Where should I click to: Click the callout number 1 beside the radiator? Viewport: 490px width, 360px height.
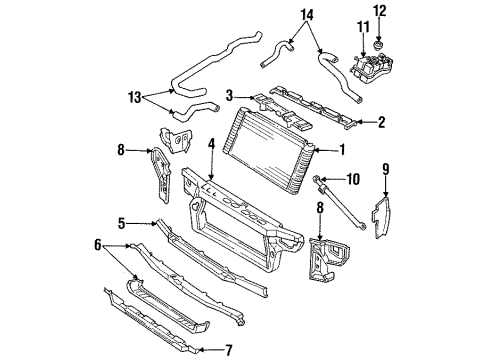click(343, 152)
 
